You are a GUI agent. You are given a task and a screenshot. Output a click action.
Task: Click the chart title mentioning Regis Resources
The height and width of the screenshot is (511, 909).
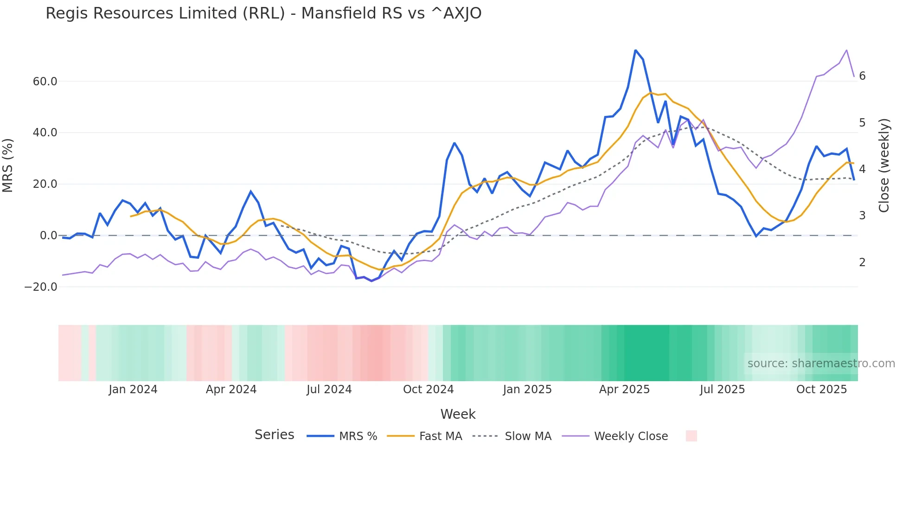(263, 13)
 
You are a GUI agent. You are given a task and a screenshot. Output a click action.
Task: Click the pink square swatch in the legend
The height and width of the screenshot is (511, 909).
(691, 436)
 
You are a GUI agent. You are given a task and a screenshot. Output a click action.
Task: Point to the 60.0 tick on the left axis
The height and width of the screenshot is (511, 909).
(45, 82)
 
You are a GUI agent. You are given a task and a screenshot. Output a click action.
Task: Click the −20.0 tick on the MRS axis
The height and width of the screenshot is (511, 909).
(41, 287)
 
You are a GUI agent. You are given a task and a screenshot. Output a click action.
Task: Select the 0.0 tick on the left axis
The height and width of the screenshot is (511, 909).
(48, 236)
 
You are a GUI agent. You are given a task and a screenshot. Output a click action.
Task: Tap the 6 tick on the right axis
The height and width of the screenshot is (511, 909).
(862, 76)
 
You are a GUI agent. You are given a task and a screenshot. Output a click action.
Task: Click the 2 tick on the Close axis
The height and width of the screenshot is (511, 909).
(862, 262)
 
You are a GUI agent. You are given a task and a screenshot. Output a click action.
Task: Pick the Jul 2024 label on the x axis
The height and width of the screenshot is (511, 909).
(329, 390)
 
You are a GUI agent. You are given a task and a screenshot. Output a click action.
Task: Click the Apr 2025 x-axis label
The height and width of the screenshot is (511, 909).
(624, 390)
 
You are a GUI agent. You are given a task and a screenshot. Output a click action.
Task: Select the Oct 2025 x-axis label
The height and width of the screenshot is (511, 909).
(821, 390)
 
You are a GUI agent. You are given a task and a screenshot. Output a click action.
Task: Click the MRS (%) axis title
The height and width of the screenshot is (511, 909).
(8, 165)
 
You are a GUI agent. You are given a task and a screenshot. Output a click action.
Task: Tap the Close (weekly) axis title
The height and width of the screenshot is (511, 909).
(884, 166)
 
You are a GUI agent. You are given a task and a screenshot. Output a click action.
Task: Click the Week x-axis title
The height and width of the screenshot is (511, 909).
(458, 414)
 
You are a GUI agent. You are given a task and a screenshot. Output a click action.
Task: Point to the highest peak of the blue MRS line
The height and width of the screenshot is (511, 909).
(635, 50)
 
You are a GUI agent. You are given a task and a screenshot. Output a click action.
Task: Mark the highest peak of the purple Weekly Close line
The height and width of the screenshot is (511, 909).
(846, 50)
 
